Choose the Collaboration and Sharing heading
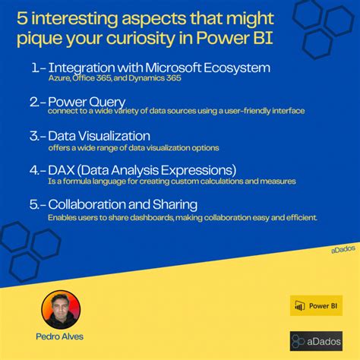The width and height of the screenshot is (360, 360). point(122,204)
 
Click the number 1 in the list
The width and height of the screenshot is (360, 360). point(36,68)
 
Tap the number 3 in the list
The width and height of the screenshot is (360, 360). point(36,136)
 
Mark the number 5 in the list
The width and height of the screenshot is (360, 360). point(36,204)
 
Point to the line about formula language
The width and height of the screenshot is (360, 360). point(171,182)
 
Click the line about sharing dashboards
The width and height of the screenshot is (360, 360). point(182,217)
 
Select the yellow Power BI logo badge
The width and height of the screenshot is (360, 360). point(316,305)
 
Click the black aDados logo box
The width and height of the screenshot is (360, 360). point(316,340)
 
